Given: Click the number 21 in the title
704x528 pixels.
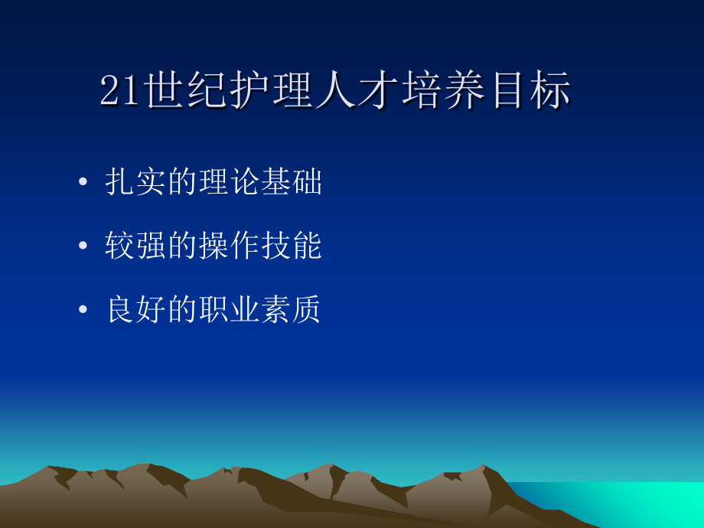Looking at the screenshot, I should [119, 92].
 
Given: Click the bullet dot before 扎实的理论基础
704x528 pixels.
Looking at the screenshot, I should [83, 184].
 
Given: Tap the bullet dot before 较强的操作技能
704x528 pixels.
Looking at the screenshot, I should [83, 247].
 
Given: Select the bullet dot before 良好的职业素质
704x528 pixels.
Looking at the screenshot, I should [83, 311].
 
